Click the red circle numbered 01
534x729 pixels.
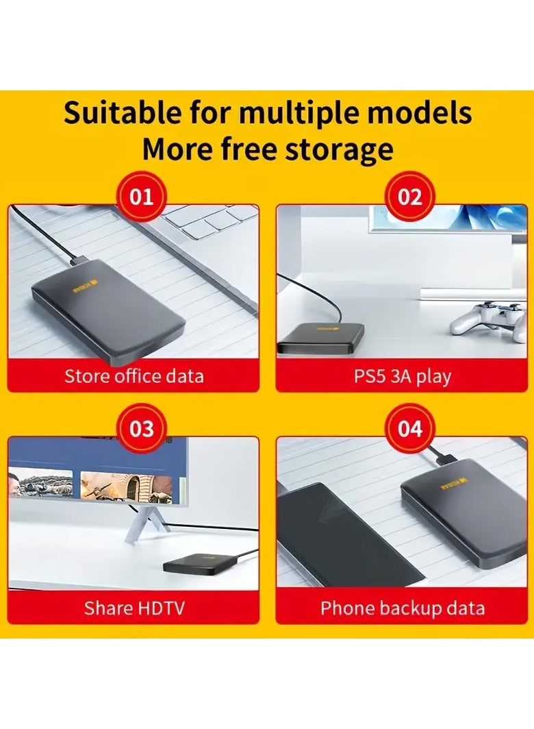coord(141,197)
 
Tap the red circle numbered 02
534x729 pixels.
coord(409,197)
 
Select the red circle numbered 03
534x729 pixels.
coord(141,429)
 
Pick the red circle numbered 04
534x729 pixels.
coord(409,429)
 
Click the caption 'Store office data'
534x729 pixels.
coord(134,376)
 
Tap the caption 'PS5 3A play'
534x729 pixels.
coord(402,376)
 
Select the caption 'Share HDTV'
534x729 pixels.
coord(134,607)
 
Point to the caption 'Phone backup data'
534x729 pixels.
coord(402,607)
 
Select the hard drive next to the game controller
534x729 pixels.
coord(320,338)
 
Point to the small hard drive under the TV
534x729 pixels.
coord(188,564)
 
